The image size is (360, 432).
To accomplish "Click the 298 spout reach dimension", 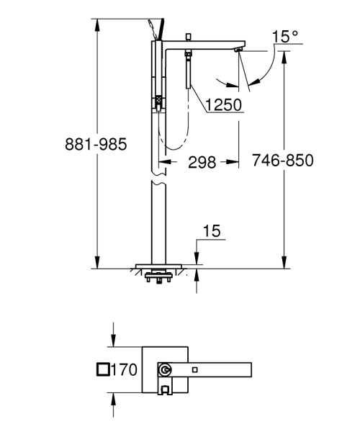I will pyautogui.click(x=203, y=163).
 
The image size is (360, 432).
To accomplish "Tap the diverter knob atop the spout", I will pyautogui.click(x=187, y=36).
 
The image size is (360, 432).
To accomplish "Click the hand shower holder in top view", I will pyautogui.click(x=166, y=391).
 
